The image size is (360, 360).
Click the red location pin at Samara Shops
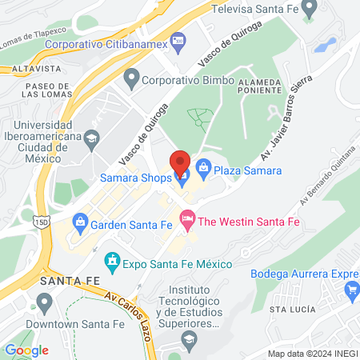[180, 160]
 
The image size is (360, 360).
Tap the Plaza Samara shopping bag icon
[203, 167]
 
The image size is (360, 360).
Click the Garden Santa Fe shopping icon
[80, 222]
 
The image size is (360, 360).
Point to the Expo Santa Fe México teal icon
[112, 261]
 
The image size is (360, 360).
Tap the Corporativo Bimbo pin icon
[131, 79]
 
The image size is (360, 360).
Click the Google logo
[26, 350]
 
